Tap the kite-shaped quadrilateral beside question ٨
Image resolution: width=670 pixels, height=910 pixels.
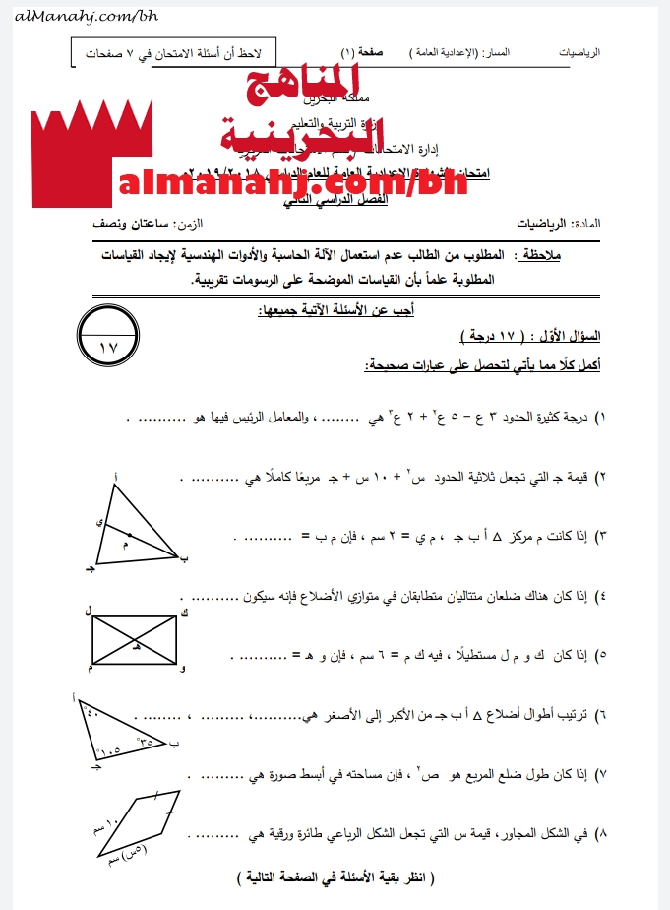138,827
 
